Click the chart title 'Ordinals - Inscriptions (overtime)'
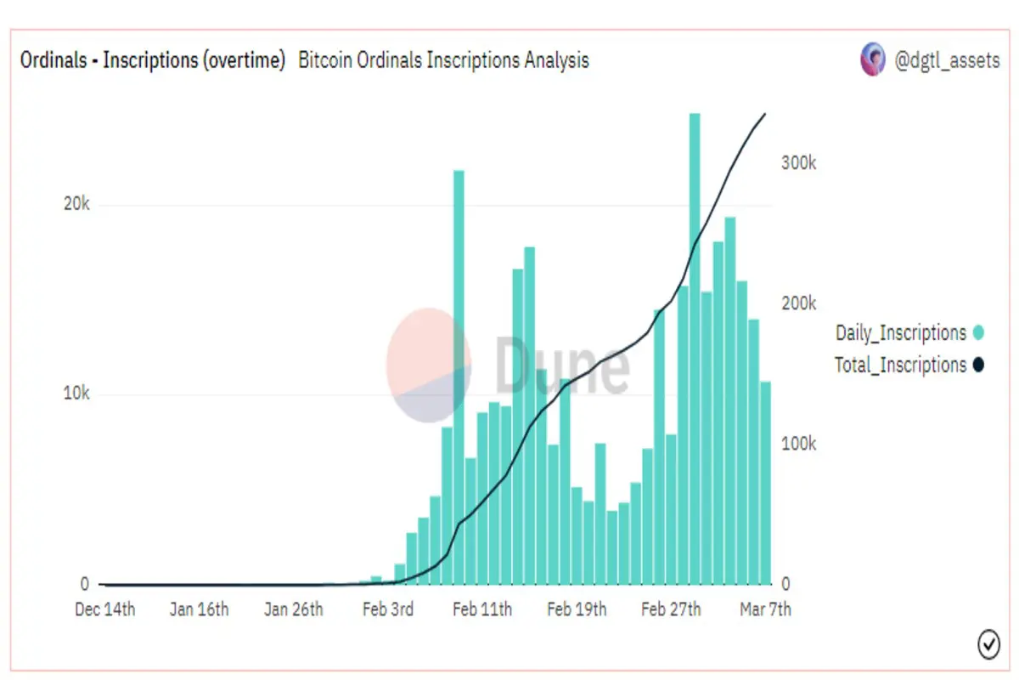(x=152, y=61)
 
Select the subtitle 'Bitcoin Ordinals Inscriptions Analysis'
(x=443, y=61)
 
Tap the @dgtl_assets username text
(x=947, y=61)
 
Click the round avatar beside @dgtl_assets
(x=873, y=60)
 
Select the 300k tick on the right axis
(x=798, y=163)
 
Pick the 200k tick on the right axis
(x=798, y=303)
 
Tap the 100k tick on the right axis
(x=798, y=444)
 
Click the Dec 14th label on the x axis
(x=104, y=609)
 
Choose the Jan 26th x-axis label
(x=293, y=609)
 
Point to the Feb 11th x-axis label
(x=481, y=609)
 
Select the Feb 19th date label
(x=577, y=609)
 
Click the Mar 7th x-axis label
(x=765, y=609)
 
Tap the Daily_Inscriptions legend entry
(x=901, y=333)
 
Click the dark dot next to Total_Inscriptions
(x=977, y=365)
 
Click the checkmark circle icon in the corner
(x=988, y=644)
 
